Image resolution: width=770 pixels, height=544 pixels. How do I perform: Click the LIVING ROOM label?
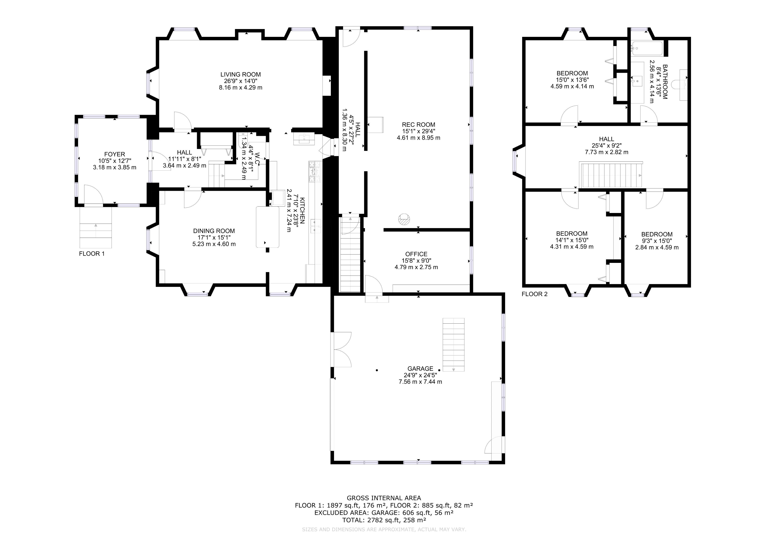click(240, 74)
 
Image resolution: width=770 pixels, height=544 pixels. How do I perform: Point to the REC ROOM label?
click(418, 124)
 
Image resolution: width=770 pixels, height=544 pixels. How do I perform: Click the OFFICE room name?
click(416, 254)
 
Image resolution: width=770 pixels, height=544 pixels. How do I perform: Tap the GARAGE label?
click(420, 368)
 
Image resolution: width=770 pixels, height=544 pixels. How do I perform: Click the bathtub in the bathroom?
click(647, 48)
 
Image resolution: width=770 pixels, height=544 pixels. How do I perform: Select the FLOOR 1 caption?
click(92, 254)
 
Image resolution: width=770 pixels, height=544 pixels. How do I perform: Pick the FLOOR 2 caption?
click(535, 294)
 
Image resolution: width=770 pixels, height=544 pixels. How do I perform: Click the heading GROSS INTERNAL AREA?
click(384, 498)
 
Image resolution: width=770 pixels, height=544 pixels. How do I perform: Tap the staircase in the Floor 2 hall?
click(611, 175)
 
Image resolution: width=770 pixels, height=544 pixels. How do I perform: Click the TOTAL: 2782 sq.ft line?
click(384, 520)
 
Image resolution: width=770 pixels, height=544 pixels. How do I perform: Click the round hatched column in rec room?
click(404, 219)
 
